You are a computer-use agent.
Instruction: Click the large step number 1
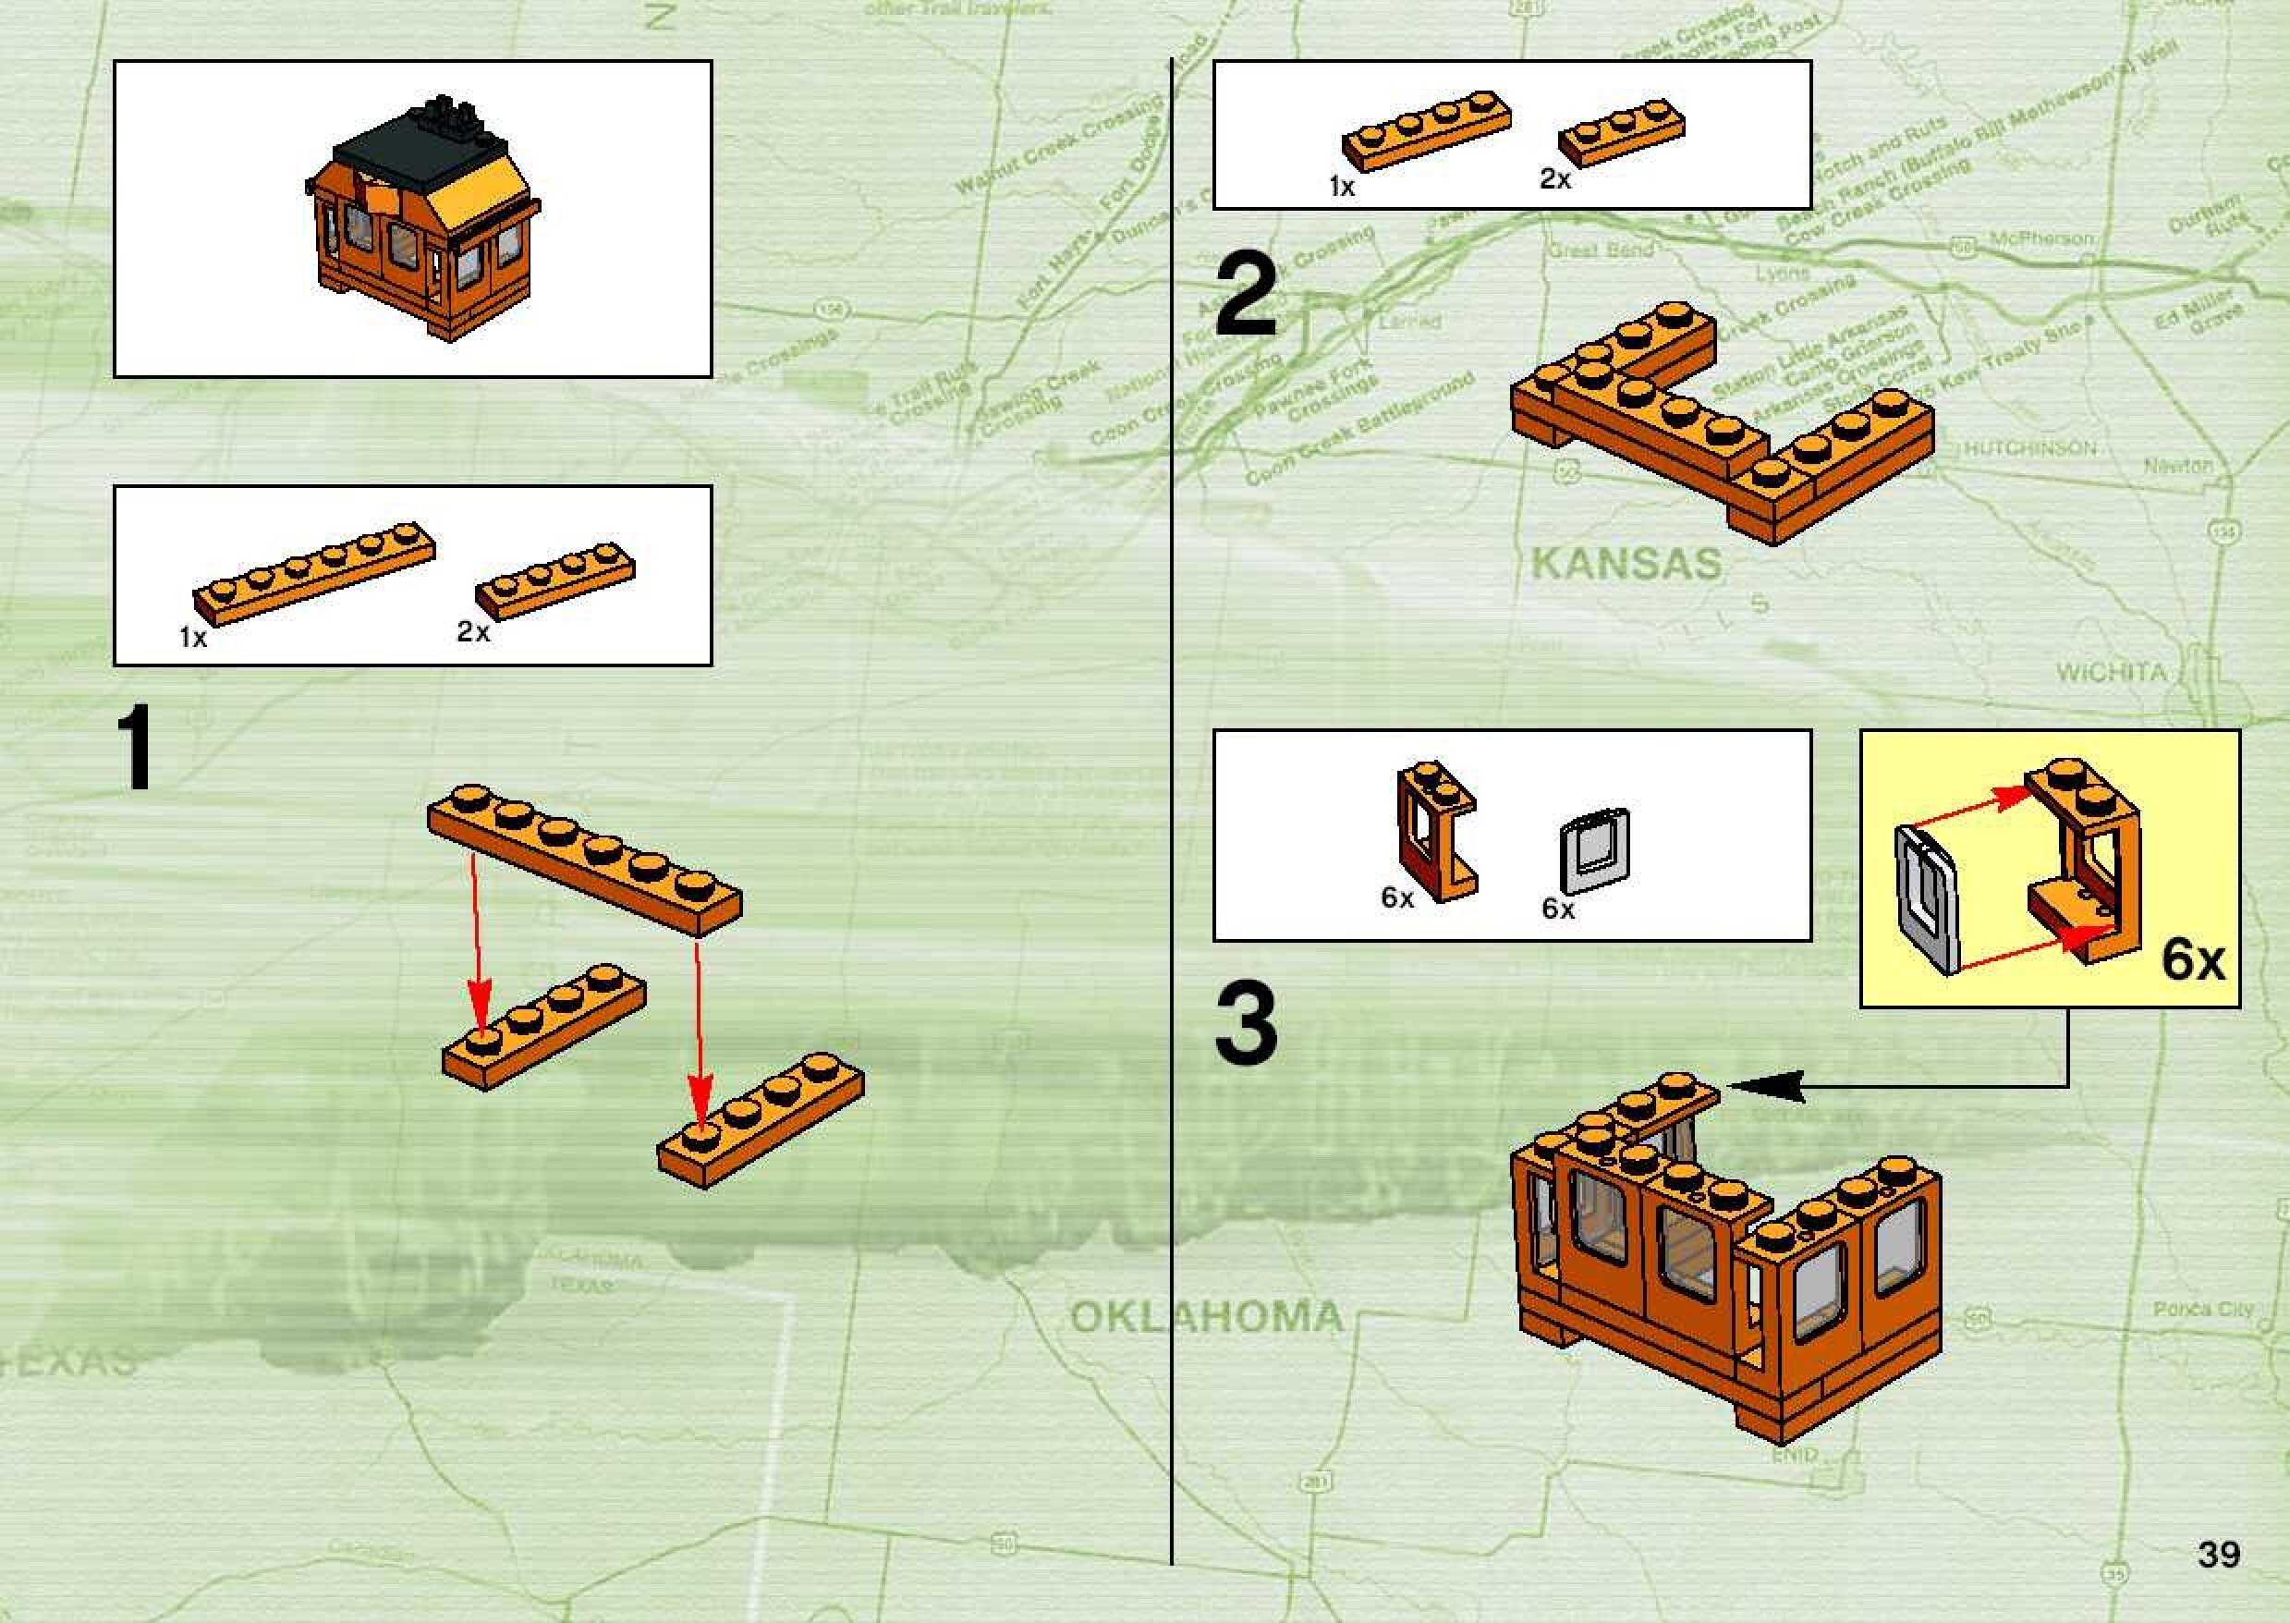click(135, 747)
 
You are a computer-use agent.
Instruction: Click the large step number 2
click(1245, 295)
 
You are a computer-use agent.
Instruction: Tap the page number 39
click(2218, 1554)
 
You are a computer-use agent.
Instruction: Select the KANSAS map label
click(1626, 565)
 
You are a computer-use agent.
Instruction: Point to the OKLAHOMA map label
click(1206, 1316)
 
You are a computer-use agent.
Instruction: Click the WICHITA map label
click(2110, 673)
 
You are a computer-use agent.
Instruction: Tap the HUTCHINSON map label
click(2030, 447)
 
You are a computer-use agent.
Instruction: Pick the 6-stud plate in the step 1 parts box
click(313, 573)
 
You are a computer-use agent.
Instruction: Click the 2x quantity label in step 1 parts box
click(473, 631)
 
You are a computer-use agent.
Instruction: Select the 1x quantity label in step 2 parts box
click(1341, 186)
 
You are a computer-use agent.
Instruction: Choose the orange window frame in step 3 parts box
click(1437, 832)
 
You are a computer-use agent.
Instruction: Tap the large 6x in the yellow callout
click(2193, 959)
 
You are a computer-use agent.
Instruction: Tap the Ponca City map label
click(2203, 1309)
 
